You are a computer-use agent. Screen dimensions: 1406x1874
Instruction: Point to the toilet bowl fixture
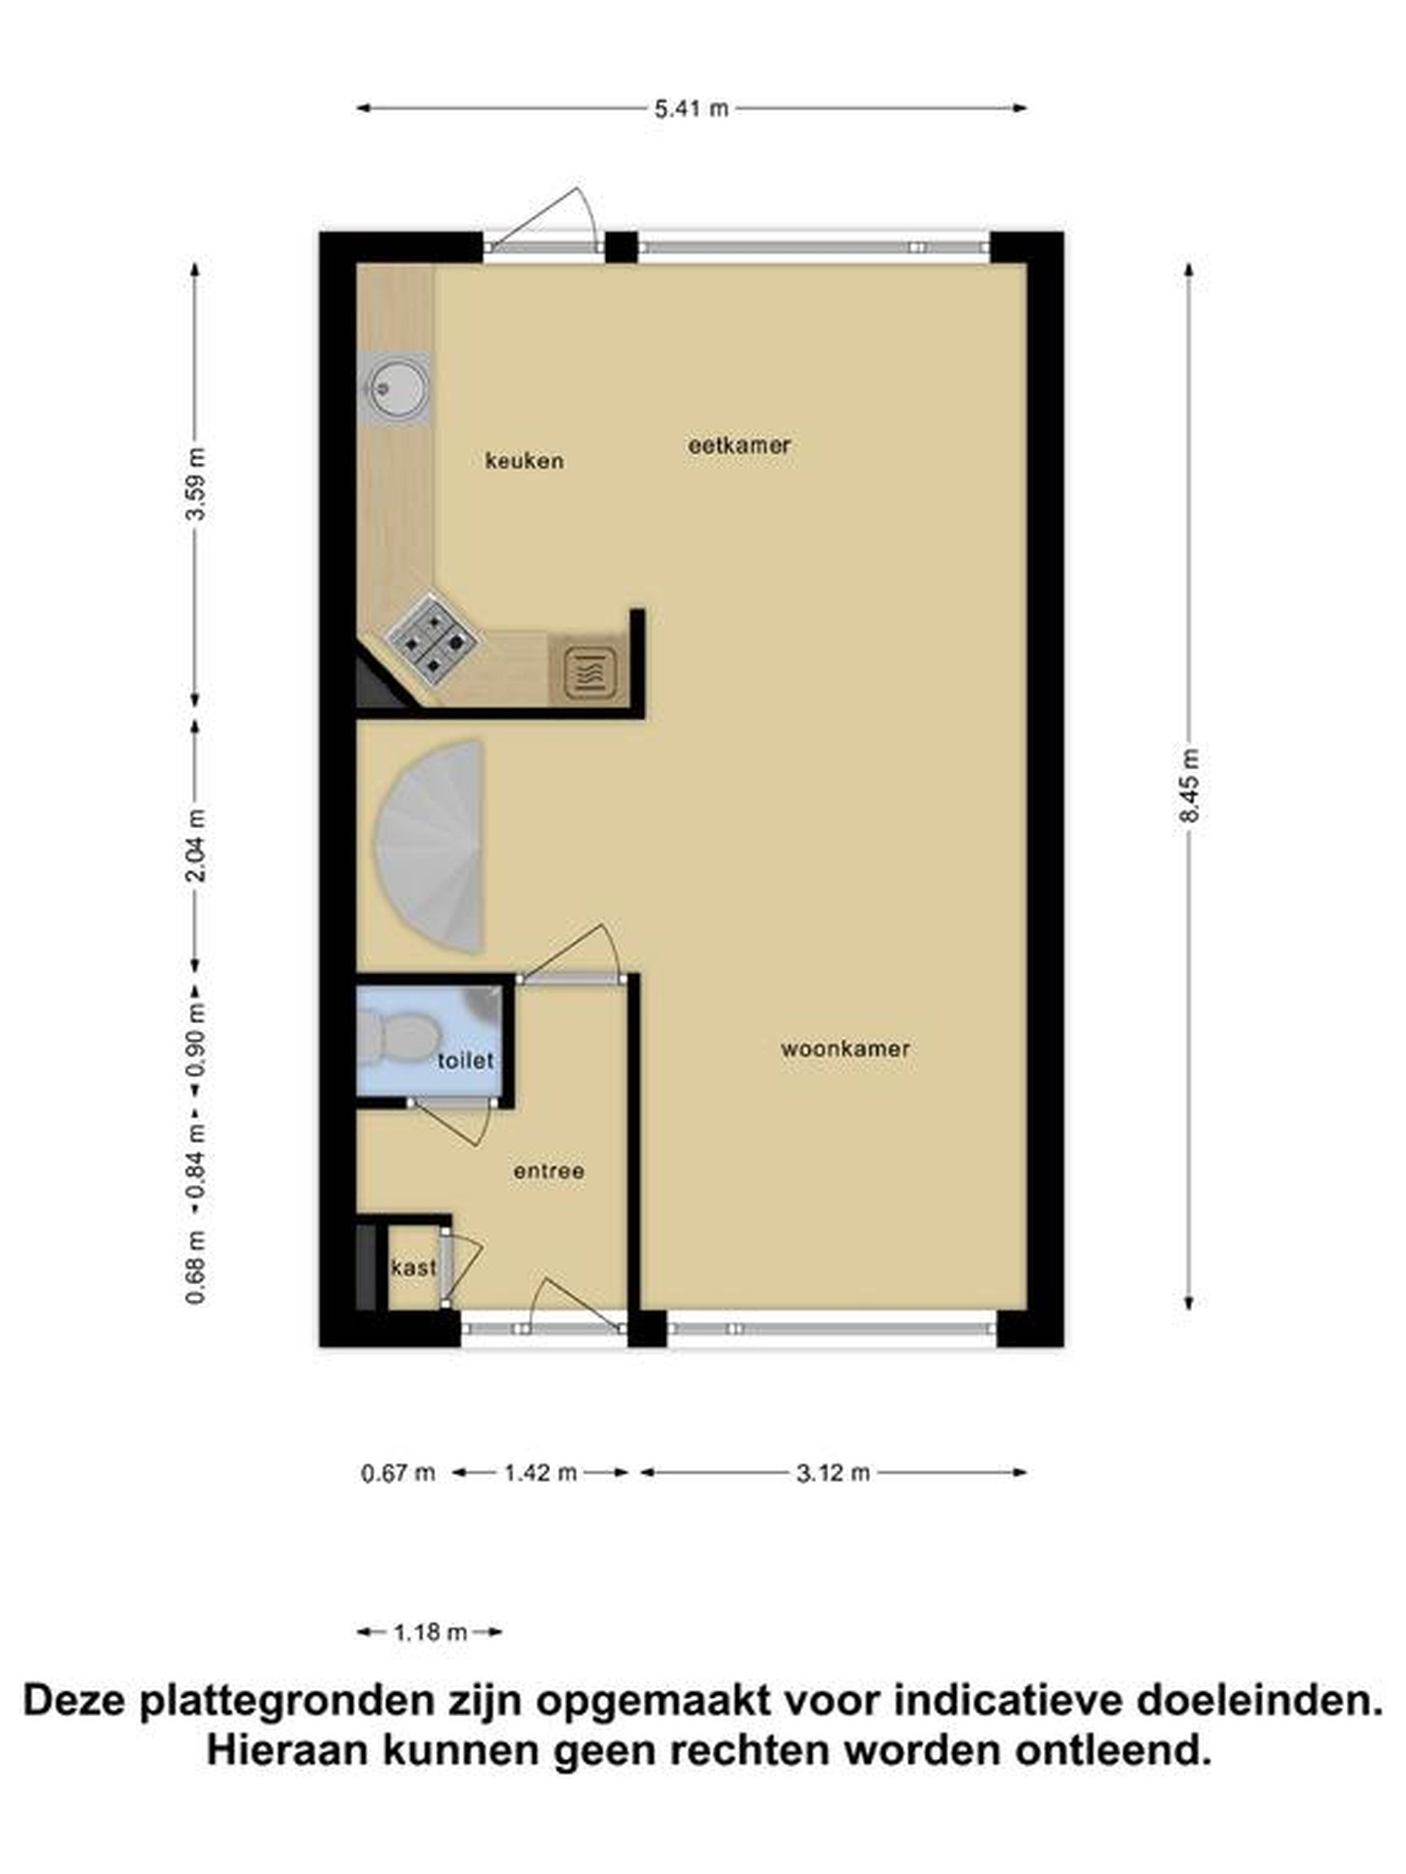coord(398,1038)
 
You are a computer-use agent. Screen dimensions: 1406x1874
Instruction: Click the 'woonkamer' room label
coord(845,1049)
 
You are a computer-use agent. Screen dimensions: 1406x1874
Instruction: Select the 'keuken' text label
coord(524,461)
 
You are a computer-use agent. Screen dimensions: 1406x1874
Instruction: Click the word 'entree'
coord(548,1172)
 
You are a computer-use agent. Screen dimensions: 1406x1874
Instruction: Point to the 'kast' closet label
coord(414,1268)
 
